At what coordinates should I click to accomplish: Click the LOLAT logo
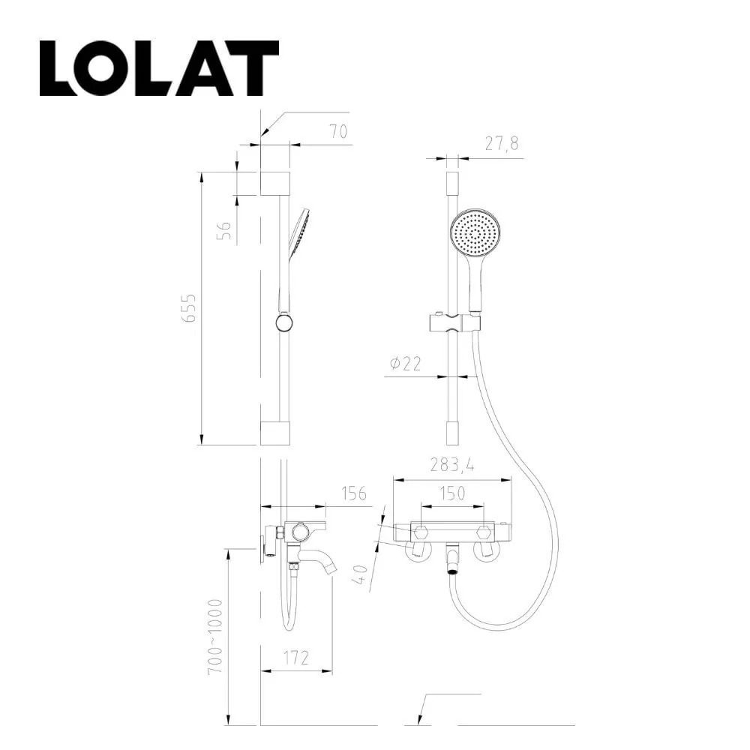pyautogui.click(x=159, y=68)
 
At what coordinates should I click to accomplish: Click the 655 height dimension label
pyautogui.click(x=190, y=308)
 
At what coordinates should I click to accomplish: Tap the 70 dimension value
pyautogui.click(x=339, y=131)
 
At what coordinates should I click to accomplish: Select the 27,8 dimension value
pyautogui.click(x=501, y=143)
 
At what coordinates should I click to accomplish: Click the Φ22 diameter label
pyautogui.click(x=406, y=364)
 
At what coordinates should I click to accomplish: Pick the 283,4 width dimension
pyautogui.click(x=452, y=464)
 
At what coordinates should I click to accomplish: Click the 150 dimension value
pyautogui.click(x=452, y=493)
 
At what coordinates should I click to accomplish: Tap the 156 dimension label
pyautogui.click(x=354, y=493)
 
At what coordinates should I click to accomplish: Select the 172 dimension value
pyautogui.click(x=296, y=658)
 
